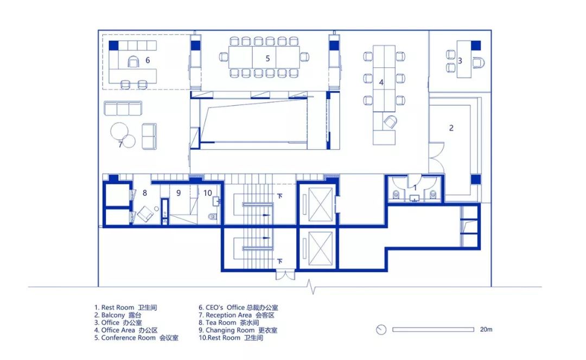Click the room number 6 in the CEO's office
148,60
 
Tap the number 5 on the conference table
267,58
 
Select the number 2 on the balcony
451,128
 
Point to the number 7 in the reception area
120,144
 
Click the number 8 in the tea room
145,192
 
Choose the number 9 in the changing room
179,192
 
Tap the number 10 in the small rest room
208,192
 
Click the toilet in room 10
212,216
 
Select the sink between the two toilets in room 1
415,198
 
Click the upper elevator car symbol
320,204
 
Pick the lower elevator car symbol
320,248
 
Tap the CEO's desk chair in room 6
133,61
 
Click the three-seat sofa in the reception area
123,108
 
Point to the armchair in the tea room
146,214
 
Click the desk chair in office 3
479,62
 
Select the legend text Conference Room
128,338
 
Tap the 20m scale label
486,330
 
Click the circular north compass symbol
381,330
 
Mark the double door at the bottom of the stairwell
285,275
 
